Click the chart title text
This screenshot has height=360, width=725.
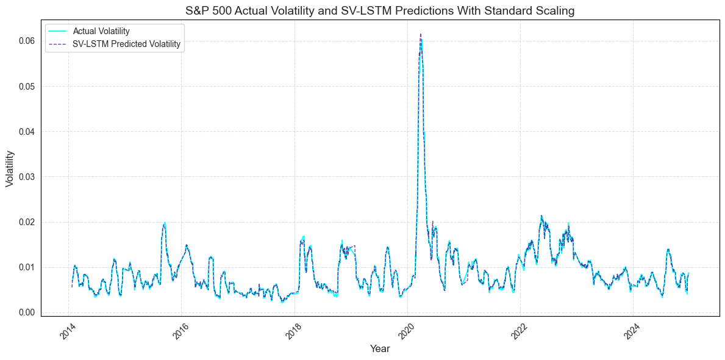click(x=379, y=11)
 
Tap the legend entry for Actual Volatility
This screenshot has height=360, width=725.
click(x=101, y=31)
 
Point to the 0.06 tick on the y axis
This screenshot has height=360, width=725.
click(x=26, y=41)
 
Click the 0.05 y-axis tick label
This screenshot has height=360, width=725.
click(x=26, y=86)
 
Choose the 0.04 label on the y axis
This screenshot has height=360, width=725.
click(x=26, y=131)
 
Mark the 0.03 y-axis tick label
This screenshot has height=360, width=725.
click(x=26, y=176)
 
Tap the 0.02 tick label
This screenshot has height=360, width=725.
click(x=26, y=221)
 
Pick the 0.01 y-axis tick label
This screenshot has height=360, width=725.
click(x=26, y=267)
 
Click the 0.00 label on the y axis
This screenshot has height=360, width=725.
click(x=26, y=312)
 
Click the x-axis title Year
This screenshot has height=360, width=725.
click(x=379, y=349)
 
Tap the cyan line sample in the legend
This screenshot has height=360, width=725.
click(x=59, y=31)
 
